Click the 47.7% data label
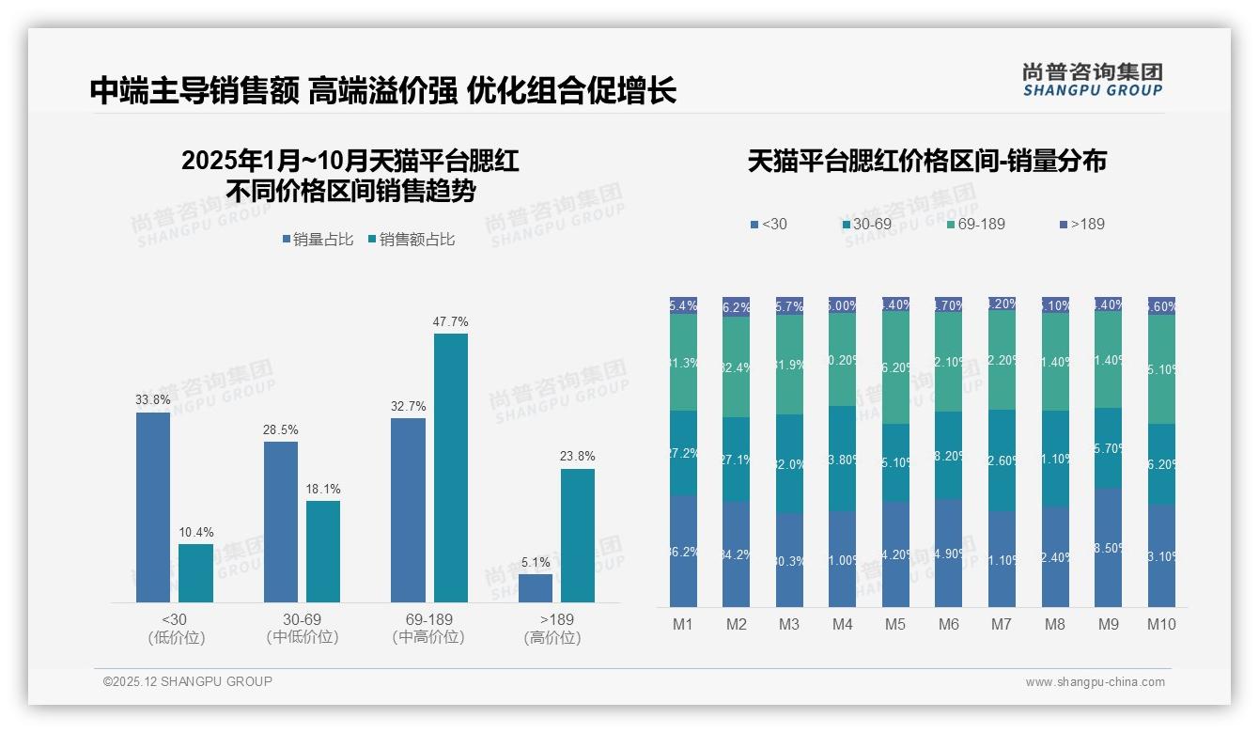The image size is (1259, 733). pyautogui.click(x=450, y=321)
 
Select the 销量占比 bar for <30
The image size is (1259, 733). pyautogui.click(x=153, y=507)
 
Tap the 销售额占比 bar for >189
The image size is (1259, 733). pyautogui.click(x=578, y=536)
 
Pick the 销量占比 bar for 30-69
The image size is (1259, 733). pyautogui.click(x=281, y=522)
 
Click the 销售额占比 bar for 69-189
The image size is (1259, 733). pyautogui.click(x=450, y=468)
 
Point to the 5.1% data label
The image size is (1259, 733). pyautogui.click(x=535, y=562)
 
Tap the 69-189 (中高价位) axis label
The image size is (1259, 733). pyautogui.click(x=428, y=628)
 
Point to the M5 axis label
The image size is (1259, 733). pyautogui.click(x=895, y=624)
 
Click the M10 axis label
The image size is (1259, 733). pyautogui.click(x=1161, y=624)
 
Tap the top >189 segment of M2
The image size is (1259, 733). pyautogui.click(x=737, y=307)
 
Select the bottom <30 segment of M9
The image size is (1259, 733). pyautogui.click(x=1109, y=547)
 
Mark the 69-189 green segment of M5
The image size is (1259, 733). pyautogui.click(x=895, y=367)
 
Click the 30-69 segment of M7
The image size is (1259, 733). pyautogui.click(x=1002, y=460)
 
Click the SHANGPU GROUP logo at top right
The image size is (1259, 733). pyautogui.click(x=1092, y=80)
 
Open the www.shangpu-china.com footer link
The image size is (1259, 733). pyautogui.click(x=1095, y=682)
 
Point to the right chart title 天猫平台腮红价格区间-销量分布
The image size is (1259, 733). pyautogui.click(x=926, y=161)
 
